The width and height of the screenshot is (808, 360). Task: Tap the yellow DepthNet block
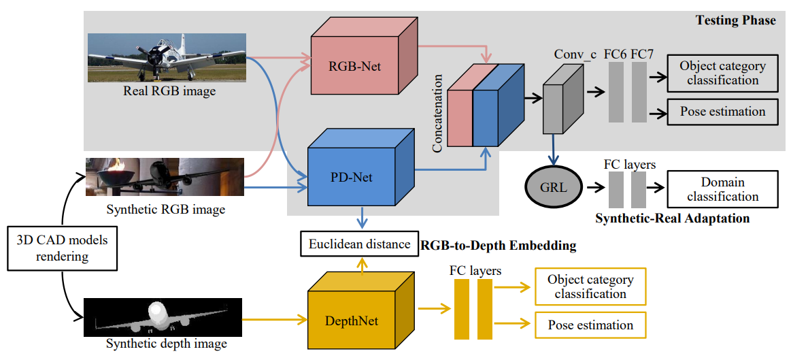(x=352, y=319)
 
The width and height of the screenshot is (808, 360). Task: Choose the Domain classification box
(x=723, y=189)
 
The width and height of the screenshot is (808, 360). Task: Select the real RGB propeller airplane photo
(x=166, y=57)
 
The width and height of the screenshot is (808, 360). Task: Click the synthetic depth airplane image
(x=163, y=317)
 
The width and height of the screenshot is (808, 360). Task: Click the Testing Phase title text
(x=735, y=20)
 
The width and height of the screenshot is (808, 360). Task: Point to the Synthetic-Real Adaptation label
(x=672, y=218)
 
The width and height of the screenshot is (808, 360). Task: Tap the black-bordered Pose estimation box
(x=722, y=112)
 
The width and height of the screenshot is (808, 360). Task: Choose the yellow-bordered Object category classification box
(x=590, y=287)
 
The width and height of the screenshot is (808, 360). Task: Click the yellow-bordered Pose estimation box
(x=590, y=325)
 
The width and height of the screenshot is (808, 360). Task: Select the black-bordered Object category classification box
(x=722, y=73)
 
